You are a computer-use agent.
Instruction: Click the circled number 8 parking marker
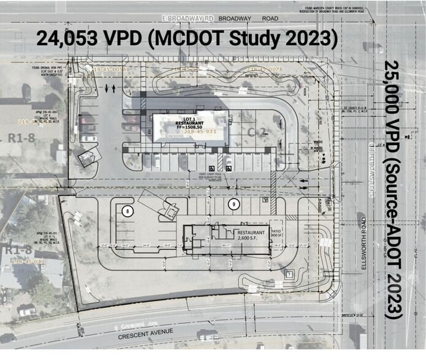coord(127,211)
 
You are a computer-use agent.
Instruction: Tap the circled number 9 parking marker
coord(233,203)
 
